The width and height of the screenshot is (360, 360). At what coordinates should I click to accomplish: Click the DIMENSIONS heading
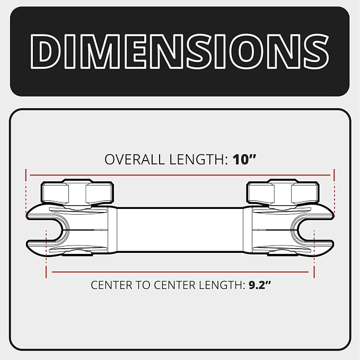point(180,51)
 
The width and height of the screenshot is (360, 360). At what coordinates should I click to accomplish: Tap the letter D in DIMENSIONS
point(43,51)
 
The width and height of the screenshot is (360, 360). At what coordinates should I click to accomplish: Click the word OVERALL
point(135,160)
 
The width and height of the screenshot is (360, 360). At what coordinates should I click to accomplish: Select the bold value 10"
point(244,159)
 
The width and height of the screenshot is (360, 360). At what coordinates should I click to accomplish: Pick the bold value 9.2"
point(260,285)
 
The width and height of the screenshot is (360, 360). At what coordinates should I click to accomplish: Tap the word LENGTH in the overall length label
point(199,160)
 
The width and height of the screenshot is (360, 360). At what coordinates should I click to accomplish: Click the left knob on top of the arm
point(77,192)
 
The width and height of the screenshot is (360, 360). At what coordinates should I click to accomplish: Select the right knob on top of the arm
point(283,192)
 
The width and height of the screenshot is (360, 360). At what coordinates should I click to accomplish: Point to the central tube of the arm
point(180,230)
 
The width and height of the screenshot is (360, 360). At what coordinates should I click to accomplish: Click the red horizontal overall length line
point(180,175)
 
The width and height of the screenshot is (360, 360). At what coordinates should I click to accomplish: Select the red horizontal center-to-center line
point(180,272)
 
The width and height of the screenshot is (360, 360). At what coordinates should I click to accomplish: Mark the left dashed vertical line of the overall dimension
point(26,193)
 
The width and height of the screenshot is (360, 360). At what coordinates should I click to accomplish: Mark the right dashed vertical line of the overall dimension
point(334,193)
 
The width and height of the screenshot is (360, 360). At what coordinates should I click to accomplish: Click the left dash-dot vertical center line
point(46,254)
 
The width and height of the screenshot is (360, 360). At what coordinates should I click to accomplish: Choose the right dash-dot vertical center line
point(314,254)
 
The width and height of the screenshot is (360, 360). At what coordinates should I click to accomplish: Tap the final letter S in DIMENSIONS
point(316,51)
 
